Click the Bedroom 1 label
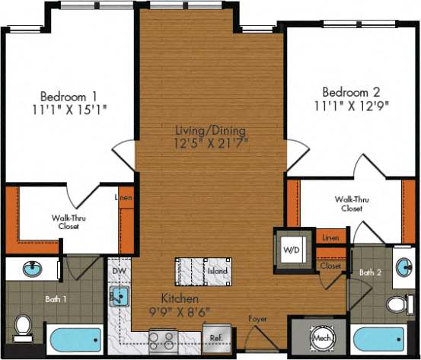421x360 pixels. [69, 97]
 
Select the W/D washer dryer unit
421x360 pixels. [291, 248]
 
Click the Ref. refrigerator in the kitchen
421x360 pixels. [215, 336]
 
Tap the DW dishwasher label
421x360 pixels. [118, 271]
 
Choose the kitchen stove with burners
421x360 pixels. [163, 338]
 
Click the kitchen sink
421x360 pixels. [120, 296]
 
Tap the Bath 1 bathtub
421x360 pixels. [75, 338]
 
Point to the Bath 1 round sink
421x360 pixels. [32, 268]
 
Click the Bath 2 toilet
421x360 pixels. [397, 305]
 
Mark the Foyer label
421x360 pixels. [258, 318]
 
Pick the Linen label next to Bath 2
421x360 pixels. [330, 239]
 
